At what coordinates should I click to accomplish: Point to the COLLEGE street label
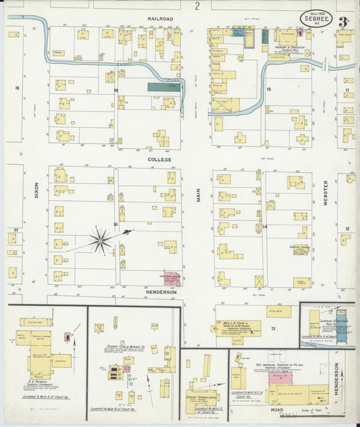pos(160,159)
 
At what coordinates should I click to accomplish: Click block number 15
pos(268,89)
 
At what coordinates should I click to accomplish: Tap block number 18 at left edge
pos(18,88)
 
